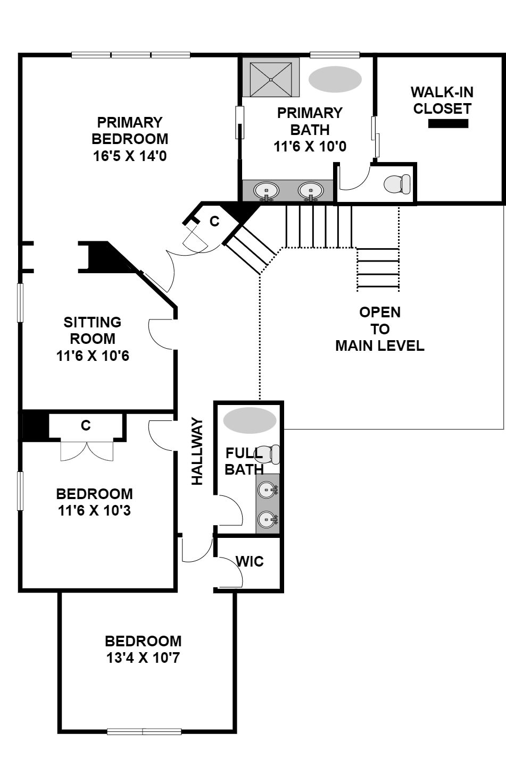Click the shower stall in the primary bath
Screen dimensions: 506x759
pos(271,79)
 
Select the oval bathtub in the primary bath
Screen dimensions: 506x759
pos(335,79)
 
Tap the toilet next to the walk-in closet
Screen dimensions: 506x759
pos(397,184)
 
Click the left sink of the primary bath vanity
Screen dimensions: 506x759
pos(266,191)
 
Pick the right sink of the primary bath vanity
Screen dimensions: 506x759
pos(311,191)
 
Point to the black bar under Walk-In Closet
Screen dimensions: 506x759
pos(448,124)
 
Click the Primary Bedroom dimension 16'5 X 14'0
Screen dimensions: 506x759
pos(130,156)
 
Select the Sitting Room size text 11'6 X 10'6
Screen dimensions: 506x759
pos(93,356)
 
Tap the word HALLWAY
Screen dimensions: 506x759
pos(197,451)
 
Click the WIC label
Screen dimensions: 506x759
pos(250,562)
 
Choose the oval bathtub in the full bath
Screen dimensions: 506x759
pos(250,420)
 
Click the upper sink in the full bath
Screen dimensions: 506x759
pos(268,490)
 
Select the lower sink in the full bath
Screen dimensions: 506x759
pos(268,519)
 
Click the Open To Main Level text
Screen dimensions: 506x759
pos(380,329)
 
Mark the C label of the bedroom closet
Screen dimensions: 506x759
pos(86,425)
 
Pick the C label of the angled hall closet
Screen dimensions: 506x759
pos(214,221)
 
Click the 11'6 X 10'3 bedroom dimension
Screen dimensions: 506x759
pos(94,510)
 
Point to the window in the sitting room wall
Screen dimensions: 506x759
pos(20,302)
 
